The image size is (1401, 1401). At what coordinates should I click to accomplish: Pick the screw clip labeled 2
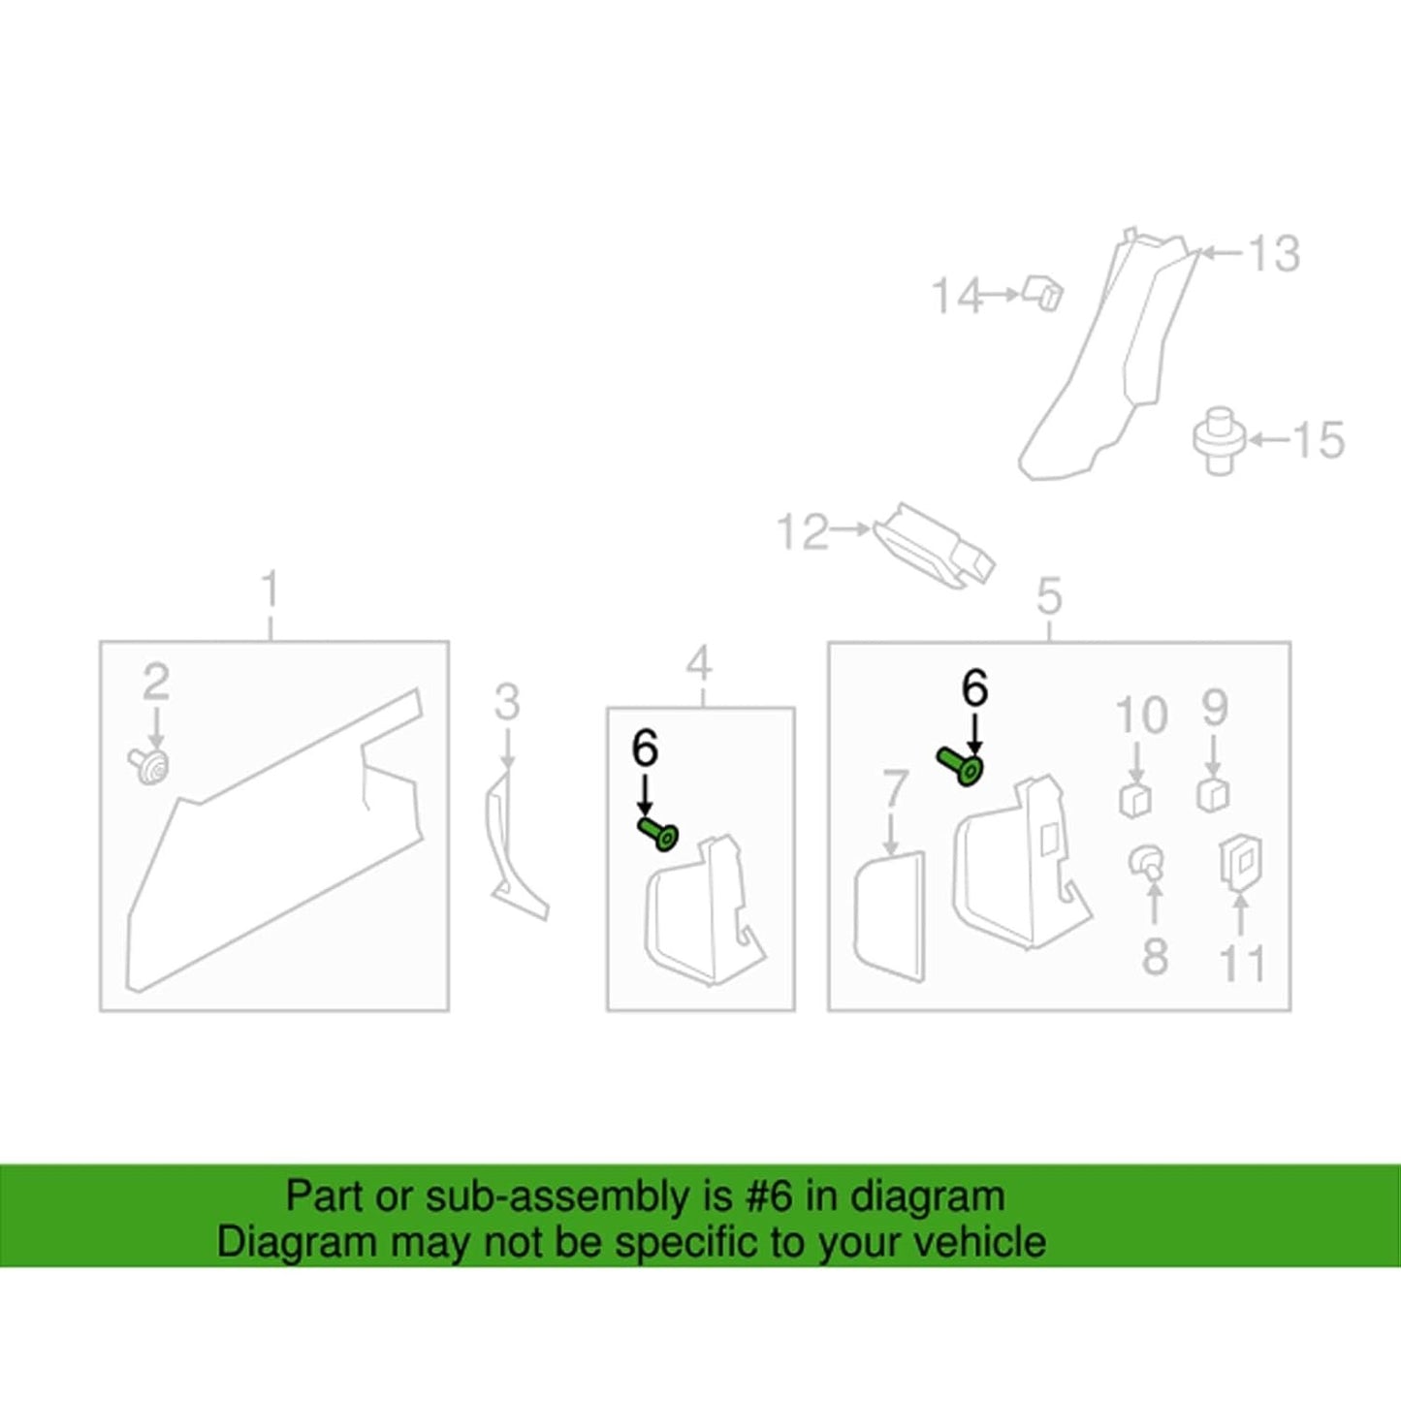point(150,766)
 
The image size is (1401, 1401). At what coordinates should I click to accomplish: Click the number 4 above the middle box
point(699,662)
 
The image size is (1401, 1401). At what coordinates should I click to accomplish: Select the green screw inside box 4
point(658,836)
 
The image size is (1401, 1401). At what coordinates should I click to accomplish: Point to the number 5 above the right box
point(1049,597)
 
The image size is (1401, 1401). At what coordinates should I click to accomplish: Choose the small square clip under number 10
point(1134,800)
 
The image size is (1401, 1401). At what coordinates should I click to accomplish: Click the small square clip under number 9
point(1213,794)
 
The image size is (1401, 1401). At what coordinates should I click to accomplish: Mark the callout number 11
point(1243,962)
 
